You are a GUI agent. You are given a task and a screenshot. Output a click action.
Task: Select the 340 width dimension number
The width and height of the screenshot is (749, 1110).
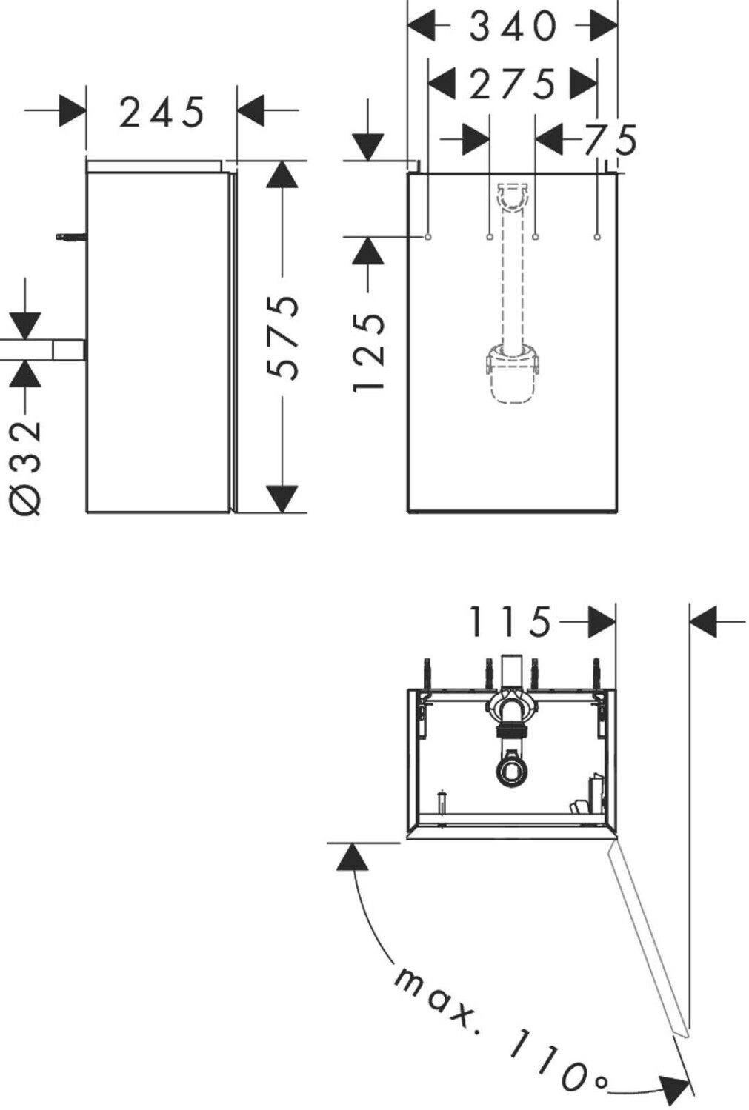(513, 27)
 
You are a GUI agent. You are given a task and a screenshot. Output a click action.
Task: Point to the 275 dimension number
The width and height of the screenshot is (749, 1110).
(512, 84)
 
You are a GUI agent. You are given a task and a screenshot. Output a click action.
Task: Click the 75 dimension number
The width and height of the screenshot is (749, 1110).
(610, 140)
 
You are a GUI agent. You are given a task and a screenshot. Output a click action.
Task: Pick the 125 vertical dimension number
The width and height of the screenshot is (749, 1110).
(368, 352)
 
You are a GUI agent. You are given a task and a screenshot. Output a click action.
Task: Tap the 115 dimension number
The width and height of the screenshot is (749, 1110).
(510, 622)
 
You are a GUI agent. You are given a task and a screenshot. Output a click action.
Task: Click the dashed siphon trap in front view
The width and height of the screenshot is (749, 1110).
(511, 374)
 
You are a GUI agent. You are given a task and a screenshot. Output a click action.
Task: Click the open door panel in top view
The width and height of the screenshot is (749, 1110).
(649, 940)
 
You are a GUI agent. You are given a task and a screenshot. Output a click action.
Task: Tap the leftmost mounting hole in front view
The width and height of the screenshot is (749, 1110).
(428, 237)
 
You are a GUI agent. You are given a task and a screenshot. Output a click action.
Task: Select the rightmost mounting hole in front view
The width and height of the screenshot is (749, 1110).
(597, 237)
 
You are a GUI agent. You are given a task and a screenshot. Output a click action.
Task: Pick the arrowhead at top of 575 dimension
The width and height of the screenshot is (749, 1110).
(282, 175)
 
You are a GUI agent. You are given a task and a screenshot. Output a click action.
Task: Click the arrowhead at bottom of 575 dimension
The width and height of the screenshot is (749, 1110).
(282, 498)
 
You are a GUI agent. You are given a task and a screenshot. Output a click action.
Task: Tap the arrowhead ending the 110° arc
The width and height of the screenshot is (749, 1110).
(676, 1088)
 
